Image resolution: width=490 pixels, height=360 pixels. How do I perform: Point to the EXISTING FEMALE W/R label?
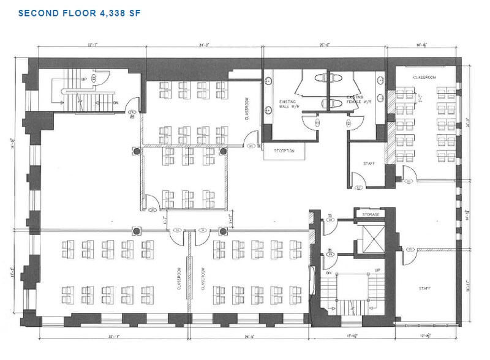359,100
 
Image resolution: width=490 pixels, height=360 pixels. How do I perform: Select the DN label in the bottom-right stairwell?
329,273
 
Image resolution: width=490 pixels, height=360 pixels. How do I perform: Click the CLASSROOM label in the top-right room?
424,78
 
